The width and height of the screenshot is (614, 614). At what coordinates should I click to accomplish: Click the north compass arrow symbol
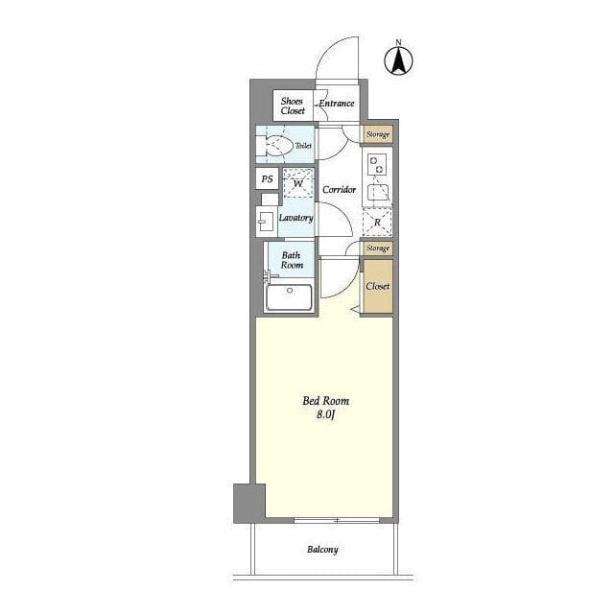pyautogui.click(x=398, y=59)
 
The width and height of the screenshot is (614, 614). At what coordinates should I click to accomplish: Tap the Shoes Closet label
pyautogui.click(x=292, y=106)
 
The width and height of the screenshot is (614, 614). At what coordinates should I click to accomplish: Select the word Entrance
pyautogui.click(x=337, y=104)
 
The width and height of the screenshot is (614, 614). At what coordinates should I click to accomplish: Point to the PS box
pyautogui.click(x=267, y=179)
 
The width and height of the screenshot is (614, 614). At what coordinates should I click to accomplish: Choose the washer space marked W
pyautogui.click(x=298, y=183)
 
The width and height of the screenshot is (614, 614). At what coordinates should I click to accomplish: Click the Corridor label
pyautogui.click(x=339, y=190)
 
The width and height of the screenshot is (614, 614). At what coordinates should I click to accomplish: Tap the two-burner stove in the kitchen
pyautogui.click(x=377, y=164)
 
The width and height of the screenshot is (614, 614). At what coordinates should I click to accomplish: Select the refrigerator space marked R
pyautogui.click(x=377, y=222)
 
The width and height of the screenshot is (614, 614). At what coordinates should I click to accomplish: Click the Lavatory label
pyautogui.click(x=296, y=218)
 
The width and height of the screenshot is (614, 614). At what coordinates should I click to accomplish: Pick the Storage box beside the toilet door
pyautogui.click(x=377, y=134)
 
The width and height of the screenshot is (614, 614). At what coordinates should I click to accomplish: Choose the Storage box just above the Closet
pyautogui.click(x=377, y=248)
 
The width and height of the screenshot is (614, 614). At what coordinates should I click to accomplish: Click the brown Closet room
pyautogui.click(x=378, y=286)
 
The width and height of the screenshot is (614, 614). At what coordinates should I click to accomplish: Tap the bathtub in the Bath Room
pyautogui.click(x=290, y=297)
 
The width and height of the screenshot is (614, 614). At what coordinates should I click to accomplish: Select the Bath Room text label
pyautogui.click(x=292, y=260)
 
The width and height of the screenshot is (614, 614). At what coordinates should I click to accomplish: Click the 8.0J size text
pyautogui.click(x=326, y=414)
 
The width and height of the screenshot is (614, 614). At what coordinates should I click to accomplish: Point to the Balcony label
pyautogui.click(x=322, y=550)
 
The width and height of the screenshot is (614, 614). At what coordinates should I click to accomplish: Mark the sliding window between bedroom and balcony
pyautogui.click(x=337, y=520)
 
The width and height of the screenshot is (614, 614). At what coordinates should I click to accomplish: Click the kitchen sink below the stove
pyautogui.click(x=378, y=192)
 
